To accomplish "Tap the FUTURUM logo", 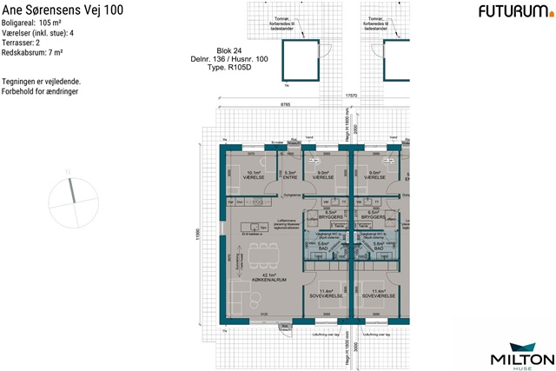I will point(513,11).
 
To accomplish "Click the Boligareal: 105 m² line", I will point(40,23).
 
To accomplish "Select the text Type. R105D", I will point(227,66).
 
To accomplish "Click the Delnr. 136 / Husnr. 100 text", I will point(226,58).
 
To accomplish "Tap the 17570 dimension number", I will point(351,94).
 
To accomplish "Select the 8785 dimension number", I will point(285,105).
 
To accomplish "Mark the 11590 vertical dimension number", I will point(198,235).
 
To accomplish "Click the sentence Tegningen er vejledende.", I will point(42,82).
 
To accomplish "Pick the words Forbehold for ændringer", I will point(41,91).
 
